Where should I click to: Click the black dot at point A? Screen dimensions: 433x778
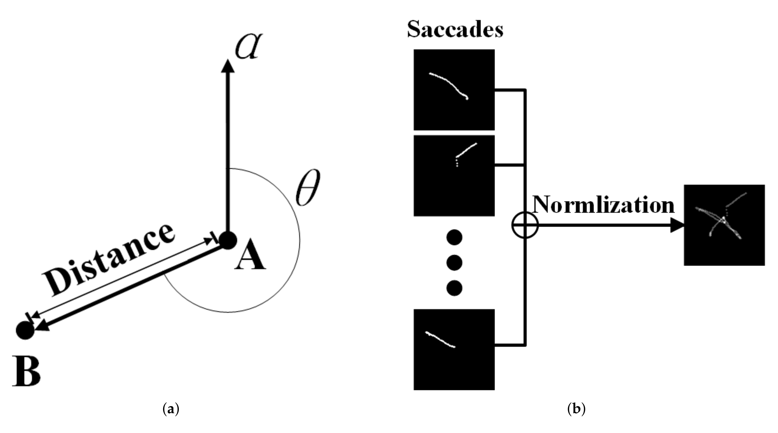pos(228,241)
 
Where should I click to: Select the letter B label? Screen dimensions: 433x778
pos(26,372)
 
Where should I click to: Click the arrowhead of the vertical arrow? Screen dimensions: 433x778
pos(228,66)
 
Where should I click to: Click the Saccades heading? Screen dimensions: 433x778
pos(455,30)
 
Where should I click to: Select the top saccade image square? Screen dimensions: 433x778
pos(454,90)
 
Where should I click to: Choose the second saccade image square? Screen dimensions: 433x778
pos(454,175)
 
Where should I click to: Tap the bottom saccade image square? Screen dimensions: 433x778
pos(454,349)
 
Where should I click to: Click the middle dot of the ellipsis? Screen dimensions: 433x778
pos(454,262)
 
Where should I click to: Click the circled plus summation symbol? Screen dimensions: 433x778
pos(525,225)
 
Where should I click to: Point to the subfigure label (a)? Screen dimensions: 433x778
pos(171,409)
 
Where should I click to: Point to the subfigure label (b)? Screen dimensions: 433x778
pos(576,409)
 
